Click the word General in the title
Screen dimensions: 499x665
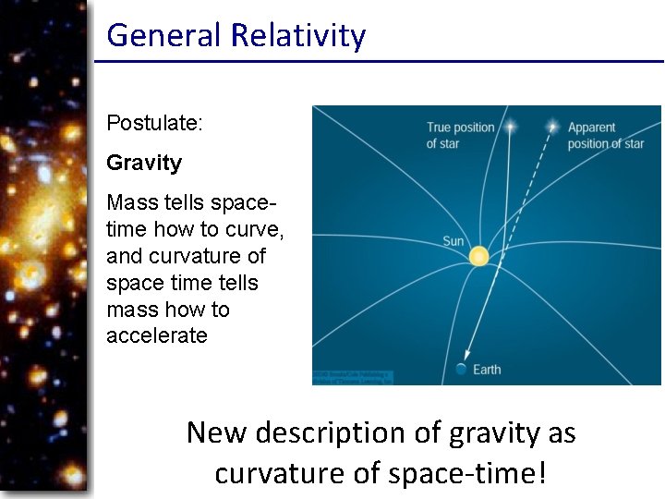pyautogui.click(x=164, y=35)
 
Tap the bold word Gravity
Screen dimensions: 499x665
pyautogui.click(x=144, y=163)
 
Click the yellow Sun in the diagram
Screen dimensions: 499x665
pyautogui.click(x=478, y=256)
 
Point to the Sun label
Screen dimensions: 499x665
pyautogui.click(x=453, y=241)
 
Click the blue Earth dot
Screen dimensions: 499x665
pyautogui.click(x=461, y=370)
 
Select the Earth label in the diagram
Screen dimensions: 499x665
pyautogui.click(x=487, y=370)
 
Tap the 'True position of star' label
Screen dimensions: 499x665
pyautogui.click(x=460, y=135)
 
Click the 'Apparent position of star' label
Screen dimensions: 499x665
pyautogui.click(x=605, y=135)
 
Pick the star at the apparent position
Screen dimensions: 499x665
pyautogui.click(x=552, y=124)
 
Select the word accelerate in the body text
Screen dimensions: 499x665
pyautogui.click(x=157, y=335)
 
